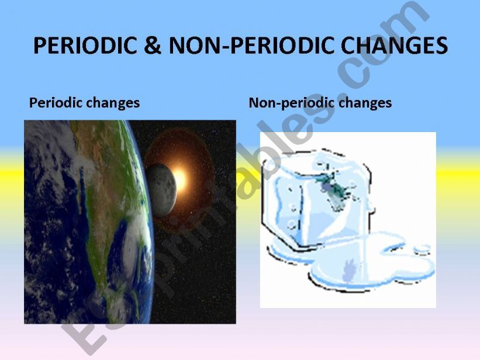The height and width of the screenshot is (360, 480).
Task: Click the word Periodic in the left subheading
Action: [x=53, y=103]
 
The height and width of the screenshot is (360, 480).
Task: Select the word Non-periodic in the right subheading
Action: [x=284, y=103]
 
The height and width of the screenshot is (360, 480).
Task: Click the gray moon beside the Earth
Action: [x=161, y=186]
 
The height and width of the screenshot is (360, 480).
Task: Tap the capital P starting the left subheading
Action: [x=33, y=103]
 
